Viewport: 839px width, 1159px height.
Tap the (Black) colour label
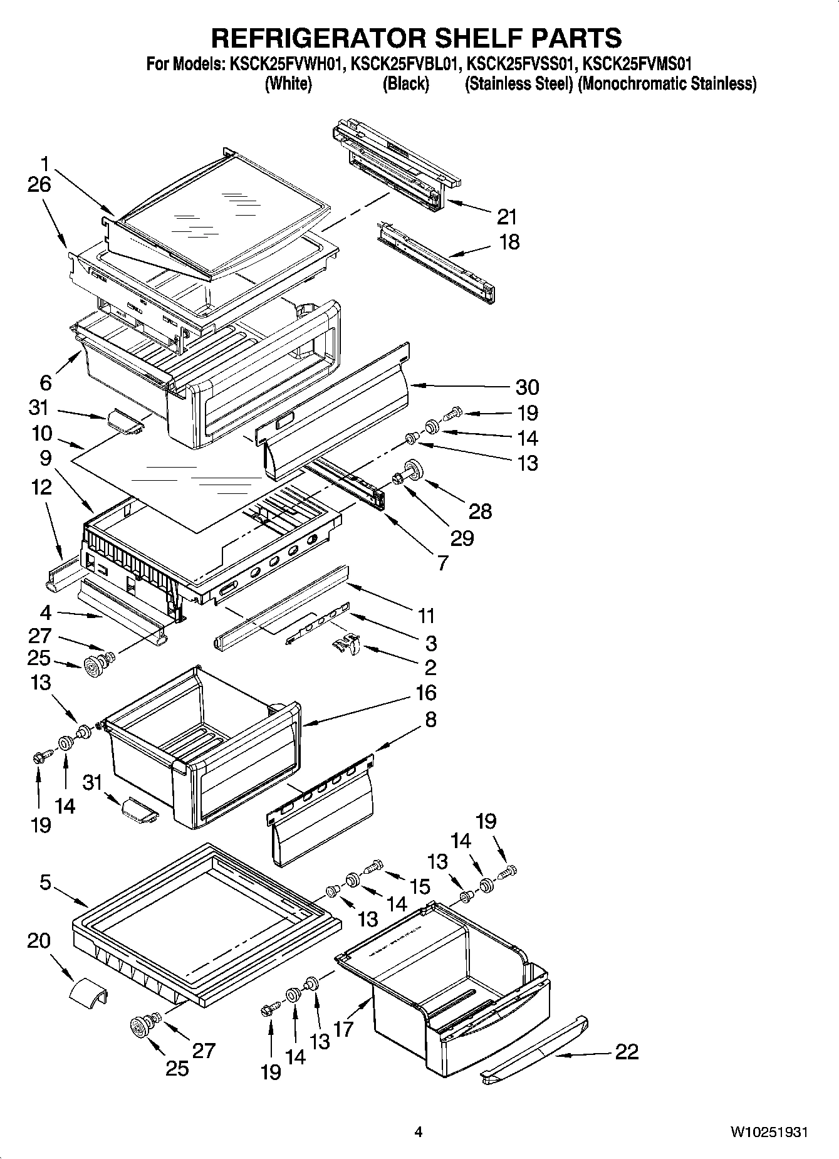(405, 83)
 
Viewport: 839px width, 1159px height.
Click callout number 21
(506, 217)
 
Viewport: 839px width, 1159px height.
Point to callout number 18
(509, 242)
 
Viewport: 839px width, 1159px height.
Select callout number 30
(527, 387)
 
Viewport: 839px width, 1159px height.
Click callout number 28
(481, 511)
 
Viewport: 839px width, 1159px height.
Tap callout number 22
(626, 1051)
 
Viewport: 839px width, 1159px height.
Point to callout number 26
(39, 185)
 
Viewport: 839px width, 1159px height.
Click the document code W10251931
(768, 1132)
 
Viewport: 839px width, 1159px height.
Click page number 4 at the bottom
(419, 1132)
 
